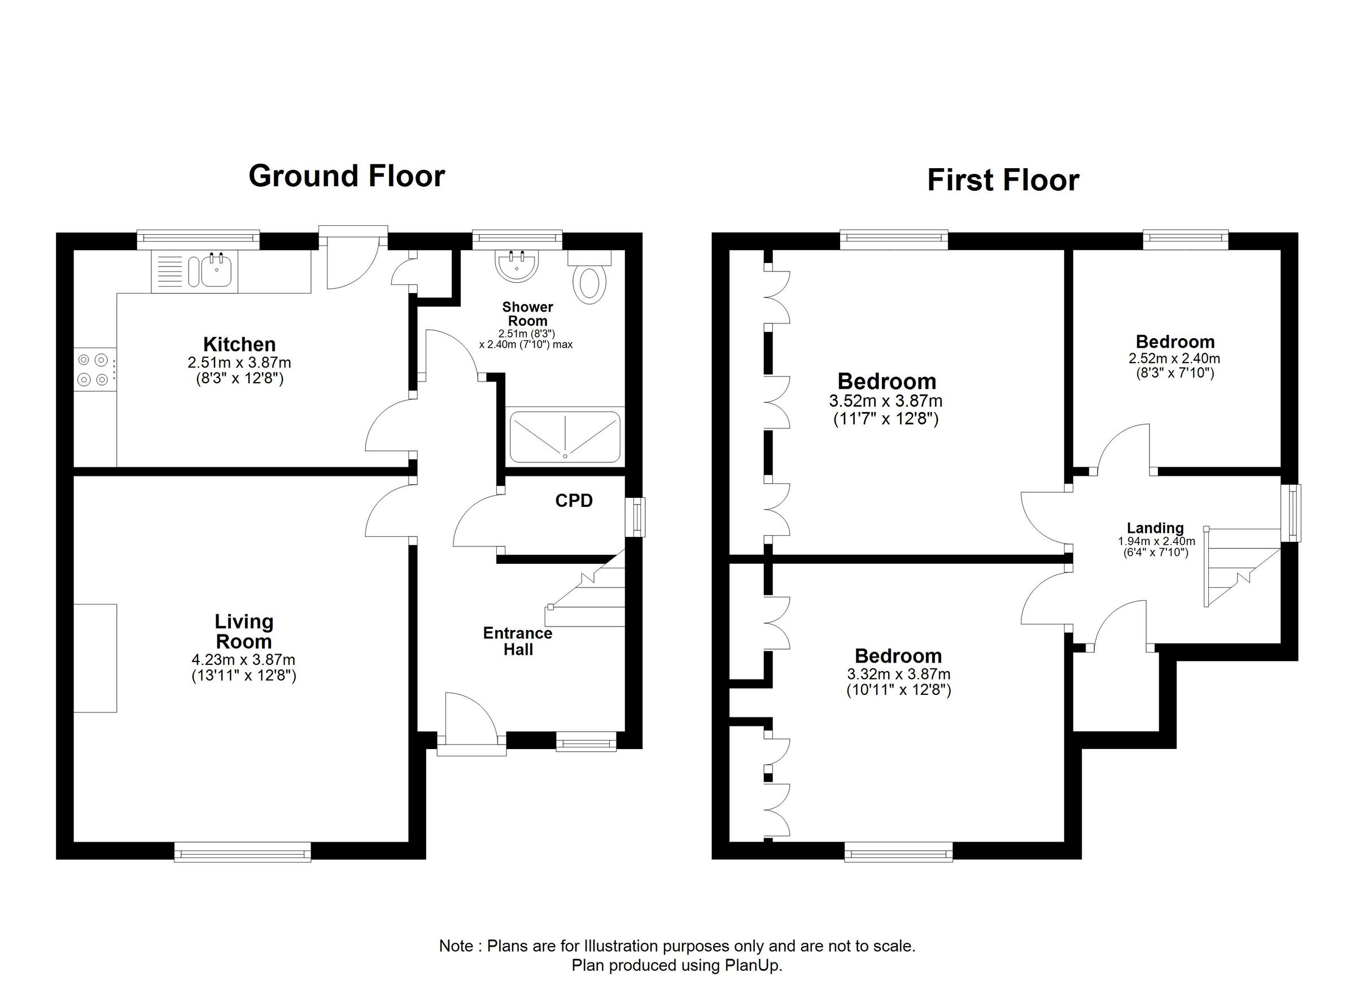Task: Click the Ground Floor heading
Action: pyautogui.click(x=347, y=176)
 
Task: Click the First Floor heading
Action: pyautogui.click(x=1003, y=181)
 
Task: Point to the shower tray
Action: pyautogui.click(x=565, y=437)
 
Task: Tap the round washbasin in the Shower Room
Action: pyautogui.click(x=517, y=266)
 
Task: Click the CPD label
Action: pyautogui.click(x=574, y=501)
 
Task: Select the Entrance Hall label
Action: pyautogui.click(x=517, y=641)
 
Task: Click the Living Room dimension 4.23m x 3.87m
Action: pyautogui.click(x=243, y=660)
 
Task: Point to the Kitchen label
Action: pyautogui.click(x=239, y=344)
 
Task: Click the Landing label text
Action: pyautogui.click(x=1155, y=528)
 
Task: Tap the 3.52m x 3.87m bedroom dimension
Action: pyautogui.click(x=885, y=401)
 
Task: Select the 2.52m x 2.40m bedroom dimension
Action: pyautogui.click(x=1174, y=359)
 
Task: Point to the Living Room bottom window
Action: pyautogui.click(x=243, y=852)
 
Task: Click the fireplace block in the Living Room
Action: pyautogui.click(x=95, y=658)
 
